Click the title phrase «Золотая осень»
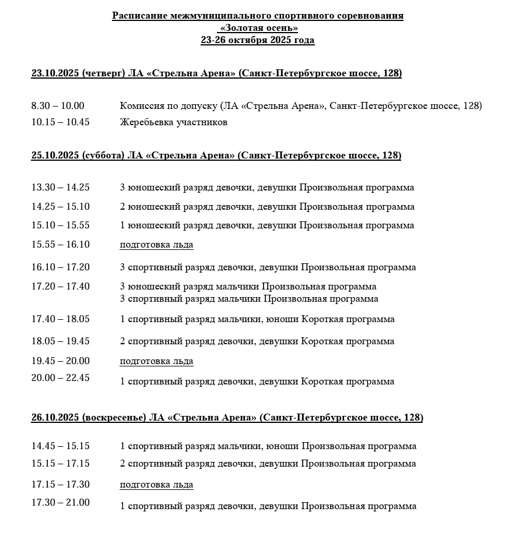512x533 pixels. [x=257, y=28]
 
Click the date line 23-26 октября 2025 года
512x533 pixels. [x=257, y=40]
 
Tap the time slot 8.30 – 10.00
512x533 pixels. [x=58, y=106]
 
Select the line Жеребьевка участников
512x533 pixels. [x=173, y=122]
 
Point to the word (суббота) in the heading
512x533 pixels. [x=103, y=156]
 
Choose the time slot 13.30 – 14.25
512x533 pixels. [x=61, y=188]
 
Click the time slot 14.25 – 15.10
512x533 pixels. [x=61, y=207]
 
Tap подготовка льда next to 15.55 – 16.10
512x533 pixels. [x=156, y=245]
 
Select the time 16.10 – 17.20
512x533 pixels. [x=61, y=267]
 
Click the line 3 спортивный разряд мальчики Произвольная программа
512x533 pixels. [x=249, y=299]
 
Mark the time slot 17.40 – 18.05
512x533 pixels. [x=61, y=319]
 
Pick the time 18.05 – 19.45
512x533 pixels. [x=61, y=341]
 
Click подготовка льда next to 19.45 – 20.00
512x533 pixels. [x=156, y=361]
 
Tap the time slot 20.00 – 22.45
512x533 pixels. [x=61, y=377]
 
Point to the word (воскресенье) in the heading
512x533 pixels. [x=114, y=418]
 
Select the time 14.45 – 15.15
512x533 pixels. [x=61, y=446]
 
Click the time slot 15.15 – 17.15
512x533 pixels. [x=61, y=464]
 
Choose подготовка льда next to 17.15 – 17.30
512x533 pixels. [x=156, y=485]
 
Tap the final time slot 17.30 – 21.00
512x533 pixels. [x=61, y=502]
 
